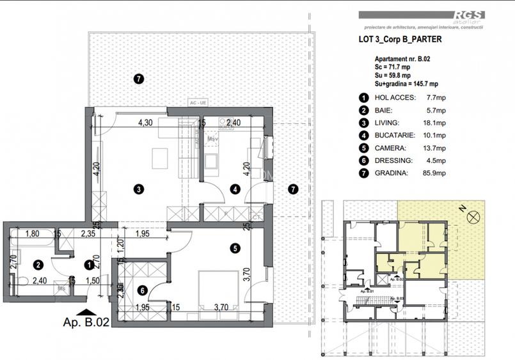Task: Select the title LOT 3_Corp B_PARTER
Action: [x=400, y=39]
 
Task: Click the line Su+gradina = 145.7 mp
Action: [x=406, y=83]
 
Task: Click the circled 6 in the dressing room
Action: [x=142, y=290]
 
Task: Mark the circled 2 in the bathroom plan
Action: [x=38, y=264]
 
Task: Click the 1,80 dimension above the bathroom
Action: [x=33, y=234]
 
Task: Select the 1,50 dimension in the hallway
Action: [x=93, y=280]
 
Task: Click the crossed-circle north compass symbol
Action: [x=474, y=218]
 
